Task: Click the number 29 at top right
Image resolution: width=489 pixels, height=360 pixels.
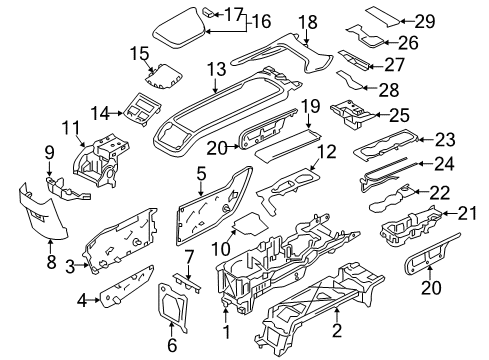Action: pyautogui.click(x=453, y=20)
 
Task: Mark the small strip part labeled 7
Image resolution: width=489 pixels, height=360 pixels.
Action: pyautogui.click(x=193, y=285)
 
